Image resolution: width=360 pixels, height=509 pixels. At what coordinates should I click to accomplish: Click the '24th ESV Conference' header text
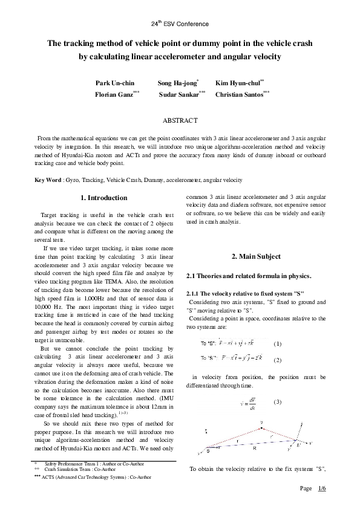click(180, 24)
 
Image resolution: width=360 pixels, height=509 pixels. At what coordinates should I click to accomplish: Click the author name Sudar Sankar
click(179, 95)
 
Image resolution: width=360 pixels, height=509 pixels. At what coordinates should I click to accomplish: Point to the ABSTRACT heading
click(180, 122)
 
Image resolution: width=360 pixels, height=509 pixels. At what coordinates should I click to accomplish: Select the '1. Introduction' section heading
click(103, 198)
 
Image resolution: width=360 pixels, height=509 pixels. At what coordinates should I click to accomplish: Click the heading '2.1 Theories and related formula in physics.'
click(248, 276)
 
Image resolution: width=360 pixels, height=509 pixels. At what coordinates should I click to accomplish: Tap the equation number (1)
click(278, 343)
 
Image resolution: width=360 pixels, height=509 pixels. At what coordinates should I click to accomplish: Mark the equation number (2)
click(278, 360)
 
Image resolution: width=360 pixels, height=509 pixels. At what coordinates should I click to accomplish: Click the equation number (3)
click(278, 401)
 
